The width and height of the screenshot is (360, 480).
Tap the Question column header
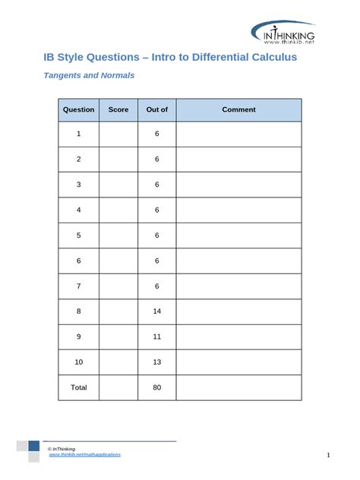(78, 109)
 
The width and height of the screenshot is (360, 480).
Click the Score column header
(118, 109)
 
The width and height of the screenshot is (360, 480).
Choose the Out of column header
(156, 109)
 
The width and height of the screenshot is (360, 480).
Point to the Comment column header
(238, 109)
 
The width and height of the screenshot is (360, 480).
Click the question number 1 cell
(78, 134)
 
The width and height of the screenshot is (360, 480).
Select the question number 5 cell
(78, 235)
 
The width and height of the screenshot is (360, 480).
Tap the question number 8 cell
(78, 311)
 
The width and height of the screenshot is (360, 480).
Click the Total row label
(78, 387)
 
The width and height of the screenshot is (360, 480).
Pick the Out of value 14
(156, 311)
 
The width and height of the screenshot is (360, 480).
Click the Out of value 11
(156, 336)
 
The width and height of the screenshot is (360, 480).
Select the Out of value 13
(156, 362)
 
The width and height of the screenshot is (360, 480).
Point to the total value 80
(156, 387)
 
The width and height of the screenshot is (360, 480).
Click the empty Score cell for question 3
(118, 185)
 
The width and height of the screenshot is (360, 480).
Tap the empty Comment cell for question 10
(238, 362)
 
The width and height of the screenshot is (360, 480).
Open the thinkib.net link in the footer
(84, 454)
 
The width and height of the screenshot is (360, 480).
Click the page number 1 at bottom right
(328, 455)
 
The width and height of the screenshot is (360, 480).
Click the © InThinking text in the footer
(62, 448)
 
